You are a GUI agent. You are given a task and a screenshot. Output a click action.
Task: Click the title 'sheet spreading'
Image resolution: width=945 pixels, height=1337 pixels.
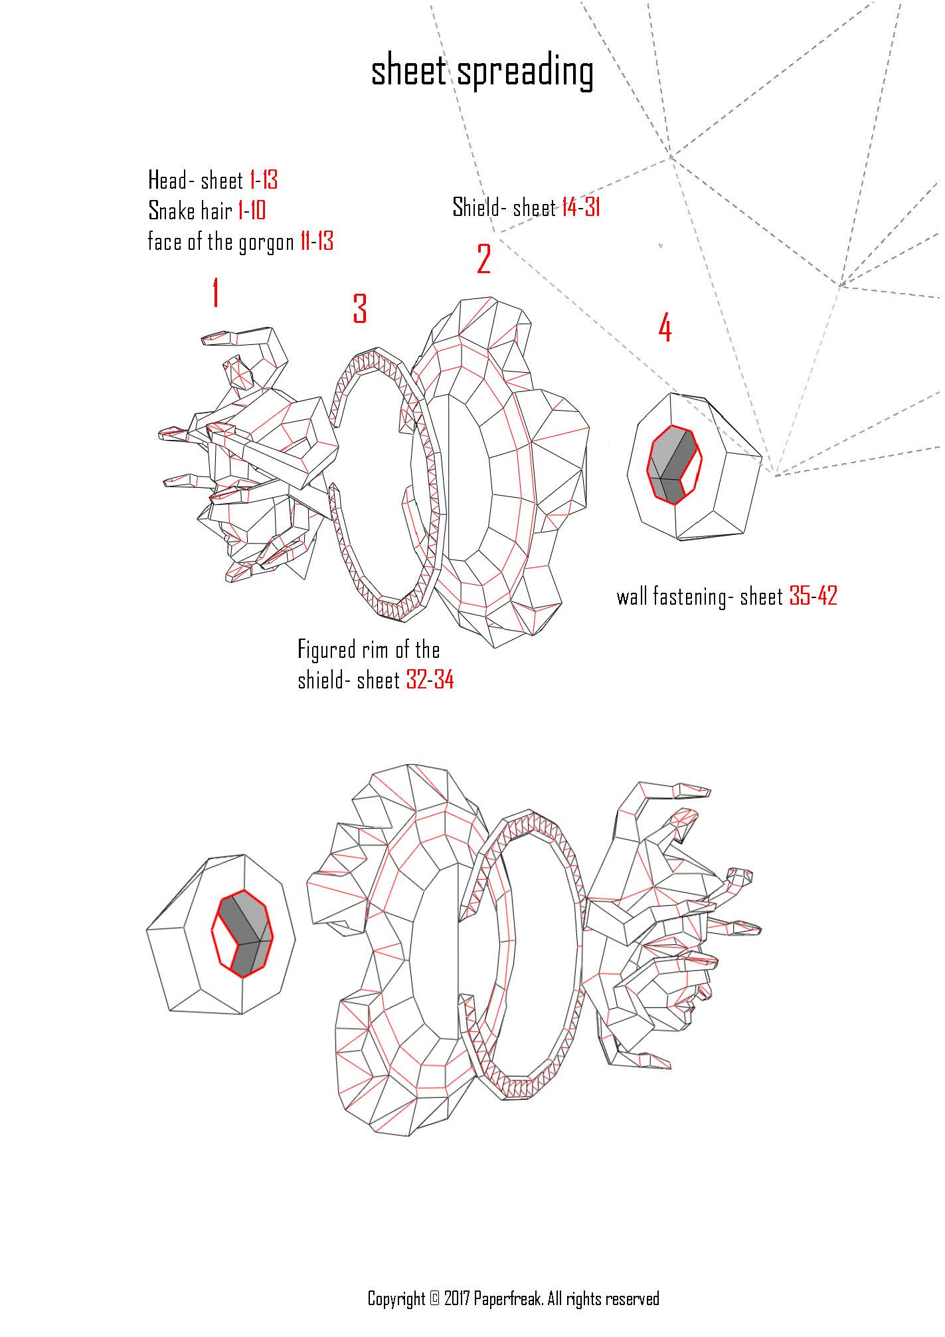481,72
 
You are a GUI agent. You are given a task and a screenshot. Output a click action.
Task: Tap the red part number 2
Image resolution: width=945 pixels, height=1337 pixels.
484,259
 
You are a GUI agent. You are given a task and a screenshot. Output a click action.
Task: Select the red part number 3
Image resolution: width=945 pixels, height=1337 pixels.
359,309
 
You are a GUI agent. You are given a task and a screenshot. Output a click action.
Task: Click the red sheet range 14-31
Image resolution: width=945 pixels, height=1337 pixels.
580,208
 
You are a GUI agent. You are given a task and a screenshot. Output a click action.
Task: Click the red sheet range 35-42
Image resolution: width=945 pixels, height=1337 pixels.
813,596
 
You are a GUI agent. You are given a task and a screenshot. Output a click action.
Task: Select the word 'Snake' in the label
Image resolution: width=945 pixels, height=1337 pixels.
170,211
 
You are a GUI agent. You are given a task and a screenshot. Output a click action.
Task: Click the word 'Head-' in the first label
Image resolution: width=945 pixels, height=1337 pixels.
171,180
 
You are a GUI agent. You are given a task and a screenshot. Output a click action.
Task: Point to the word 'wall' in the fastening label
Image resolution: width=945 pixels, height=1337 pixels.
632,596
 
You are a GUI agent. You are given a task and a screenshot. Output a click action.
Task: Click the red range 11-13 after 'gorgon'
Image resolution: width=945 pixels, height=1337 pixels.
316,242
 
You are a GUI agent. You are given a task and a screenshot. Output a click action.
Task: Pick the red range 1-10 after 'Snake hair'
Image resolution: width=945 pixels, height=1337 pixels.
251,211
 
